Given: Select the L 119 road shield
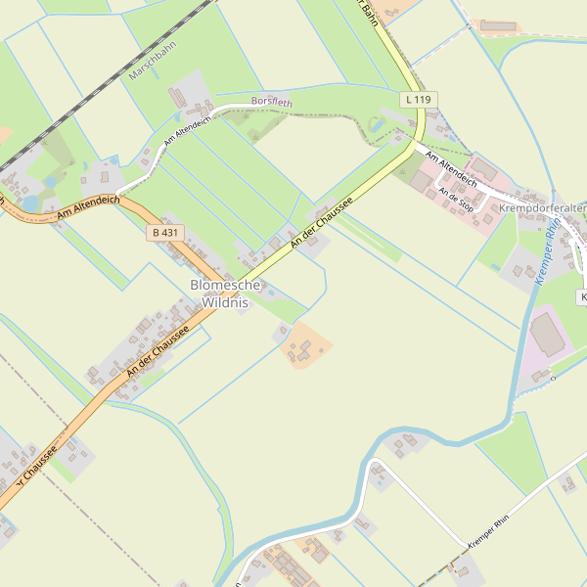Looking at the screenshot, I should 418,100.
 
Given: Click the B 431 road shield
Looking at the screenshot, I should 165,233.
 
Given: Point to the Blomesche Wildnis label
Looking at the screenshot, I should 225,293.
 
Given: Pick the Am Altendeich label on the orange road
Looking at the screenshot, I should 88,205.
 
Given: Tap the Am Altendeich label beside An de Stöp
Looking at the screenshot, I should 451,168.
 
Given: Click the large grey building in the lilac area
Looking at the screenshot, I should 548,335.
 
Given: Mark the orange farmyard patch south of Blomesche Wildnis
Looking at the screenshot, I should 305,345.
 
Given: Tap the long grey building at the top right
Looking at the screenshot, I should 498,25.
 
